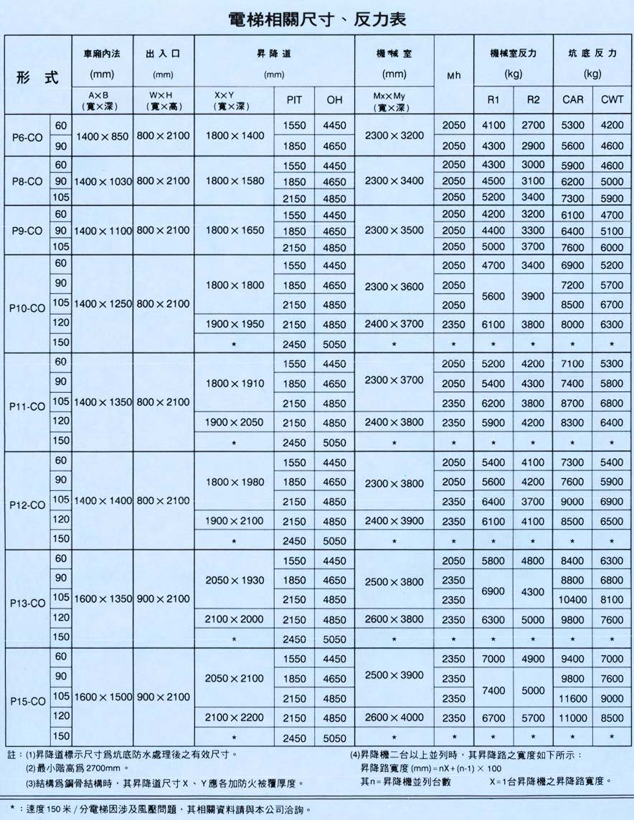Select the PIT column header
click(x=294, y=100)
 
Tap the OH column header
click(x=334, y=100)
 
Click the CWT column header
click(x=612, y=100)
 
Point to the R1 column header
click(x=493, y=100)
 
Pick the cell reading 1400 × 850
click(x=103, y=135)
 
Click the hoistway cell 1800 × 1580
click(x=235, y=181)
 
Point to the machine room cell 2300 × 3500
click(x=394, y=230)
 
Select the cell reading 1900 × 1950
click(x=235, y=324)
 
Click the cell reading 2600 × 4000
click(x=394, y=717)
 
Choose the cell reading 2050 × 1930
click(x=235, y=579)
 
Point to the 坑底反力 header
click(x=592, y=54)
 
